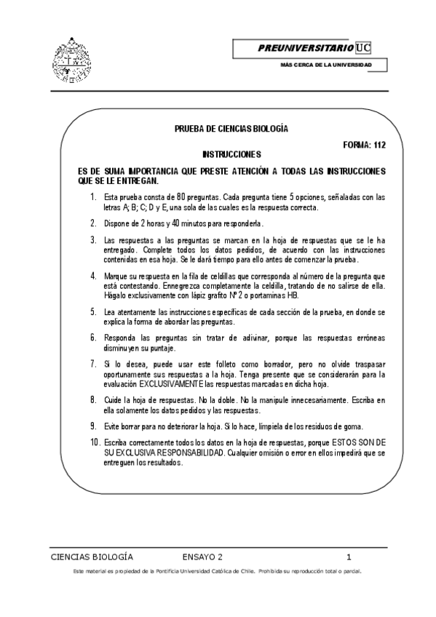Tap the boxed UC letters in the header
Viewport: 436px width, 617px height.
(x=363, y=48)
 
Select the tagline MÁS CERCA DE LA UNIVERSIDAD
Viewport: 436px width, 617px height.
(x=326, y=66)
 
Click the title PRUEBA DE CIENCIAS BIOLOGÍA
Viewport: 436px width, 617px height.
(x=231, y=129)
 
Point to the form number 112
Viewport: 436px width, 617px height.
(x=378, y=145)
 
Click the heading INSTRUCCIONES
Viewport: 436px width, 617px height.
(x=231, y=155)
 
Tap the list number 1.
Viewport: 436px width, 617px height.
(x=93, y=197)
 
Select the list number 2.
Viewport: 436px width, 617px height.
(x=93, y=223)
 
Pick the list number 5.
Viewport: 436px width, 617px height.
(x=93, y=311)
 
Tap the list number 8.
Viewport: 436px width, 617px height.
(x=93, y=399)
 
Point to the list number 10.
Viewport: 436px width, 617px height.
(x=95, y=442)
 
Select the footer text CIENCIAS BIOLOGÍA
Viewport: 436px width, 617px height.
(x=92, y=557)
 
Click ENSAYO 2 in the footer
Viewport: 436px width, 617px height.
(x=203, y=557)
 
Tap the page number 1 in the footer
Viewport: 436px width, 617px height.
(x=349, y=557)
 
